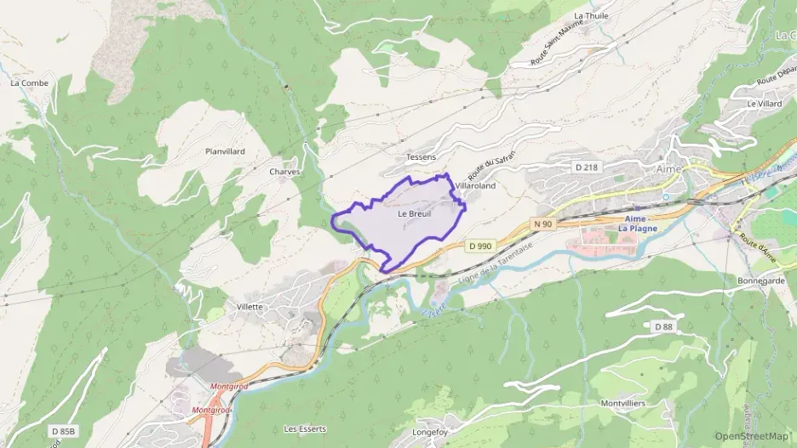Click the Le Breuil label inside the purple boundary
415,214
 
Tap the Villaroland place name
474,184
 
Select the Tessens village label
421,157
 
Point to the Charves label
284,172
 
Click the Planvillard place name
225,151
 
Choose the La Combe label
29,83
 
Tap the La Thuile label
591,16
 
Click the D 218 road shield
584,167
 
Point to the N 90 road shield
543,224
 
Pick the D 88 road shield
664,326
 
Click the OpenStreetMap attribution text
752,436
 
